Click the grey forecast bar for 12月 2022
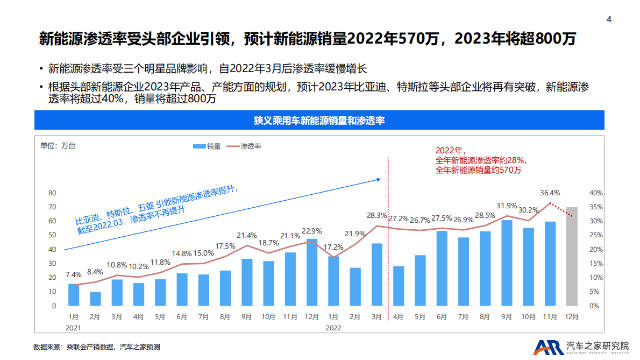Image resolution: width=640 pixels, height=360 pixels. coord(572,256)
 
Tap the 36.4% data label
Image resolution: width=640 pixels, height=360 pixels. coord(550,193)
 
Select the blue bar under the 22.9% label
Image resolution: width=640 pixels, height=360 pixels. coord(312,272)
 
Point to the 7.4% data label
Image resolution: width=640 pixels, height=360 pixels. coord(74,274)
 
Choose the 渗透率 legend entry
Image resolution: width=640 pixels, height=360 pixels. coord(245,146)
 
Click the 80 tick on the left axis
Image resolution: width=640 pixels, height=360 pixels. coord(52,193)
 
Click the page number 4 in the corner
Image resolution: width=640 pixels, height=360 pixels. coord(609,19)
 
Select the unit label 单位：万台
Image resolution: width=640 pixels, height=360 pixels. coord(58,146)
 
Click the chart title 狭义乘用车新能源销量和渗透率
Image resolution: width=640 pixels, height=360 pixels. coord(319,121)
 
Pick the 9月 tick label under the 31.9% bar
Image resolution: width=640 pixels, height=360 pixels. coord(507,317)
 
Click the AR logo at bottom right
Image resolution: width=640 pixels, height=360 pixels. coord(549,348)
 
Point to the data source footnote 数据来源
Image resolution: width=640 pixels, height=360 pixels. coord(97,347)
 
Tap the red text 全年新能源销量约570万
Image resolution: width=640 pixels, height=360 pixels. coord(478,170)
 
